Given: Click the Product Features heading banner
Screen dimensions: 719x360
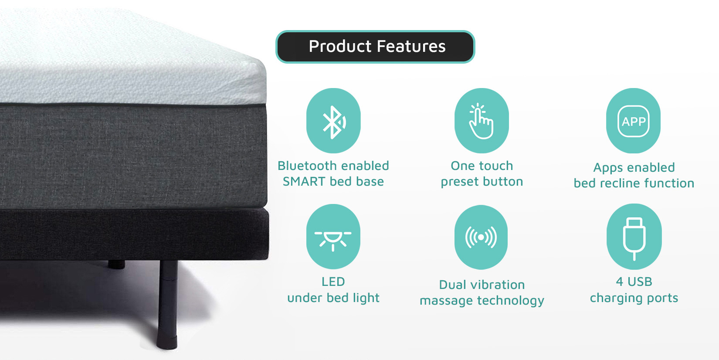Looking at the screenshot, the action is (375, 47).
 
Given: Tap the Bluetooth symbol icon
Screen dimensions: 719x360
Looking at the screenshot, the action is (333, 122).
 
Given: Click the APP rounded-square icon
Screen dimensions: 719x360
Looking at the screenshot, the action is (633, 122).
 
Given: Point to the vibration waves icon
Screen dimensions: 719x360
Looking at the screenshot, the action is (481, 238).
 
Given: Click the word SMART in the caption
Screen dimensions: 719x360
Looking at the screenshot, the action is (304, 181).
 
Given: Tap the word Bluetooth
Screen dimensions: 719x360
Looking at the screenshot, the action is (306, 166).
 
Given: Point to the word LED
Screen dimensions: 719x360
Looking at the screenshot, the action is (333, 282).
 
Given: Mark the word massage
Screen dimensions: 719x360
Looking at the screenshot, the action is (447, 301).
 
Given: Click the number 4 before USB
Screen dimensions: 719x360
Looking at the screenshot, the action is (620, 282).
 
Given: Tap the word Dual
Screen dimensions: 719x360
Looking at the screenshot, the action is (453, 285).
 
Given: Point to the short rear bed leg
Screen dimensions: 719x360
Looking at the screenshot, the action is (116, 264).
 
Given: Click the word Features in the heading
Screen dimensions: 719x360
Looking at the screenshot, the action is (411, 46).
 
